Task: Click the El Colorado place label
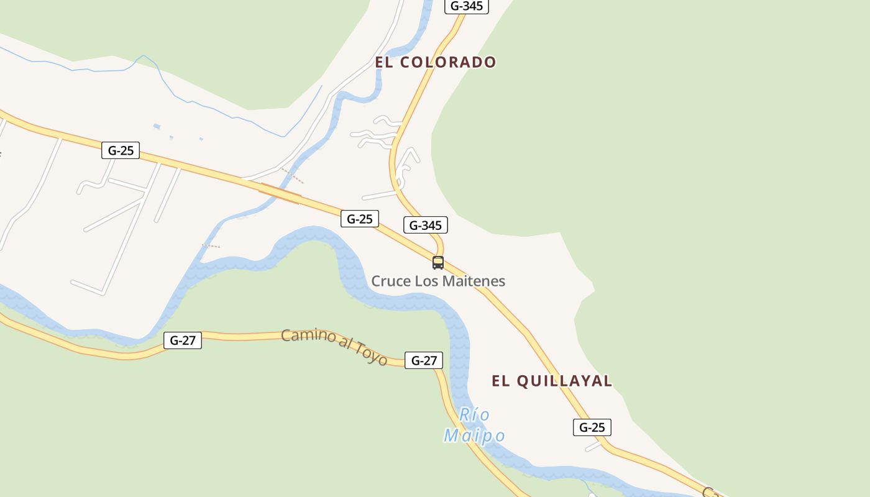point(435,62)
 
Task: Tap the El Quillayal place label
point(552,381)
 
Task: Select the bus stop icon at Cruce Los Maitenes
point(438,263)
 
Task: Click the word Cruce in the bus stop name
point(391,281)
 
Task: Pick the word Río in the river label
point(474,414)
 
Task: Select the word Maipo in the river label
point(474,435)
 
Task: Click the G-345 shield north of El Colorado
point(467,6)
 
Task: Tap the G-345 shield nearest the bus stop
point(426,225)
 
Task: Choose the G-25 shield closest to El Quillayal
point(592,427)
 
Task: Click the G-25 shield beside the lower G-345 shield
point(359,219)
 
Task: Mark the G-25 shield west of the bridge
point(121,150)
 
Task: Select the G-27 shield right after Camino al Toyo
point(424,360)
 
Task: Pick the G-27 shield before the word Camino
point(183,340)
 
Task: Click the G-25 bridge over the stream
point(280,193)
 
